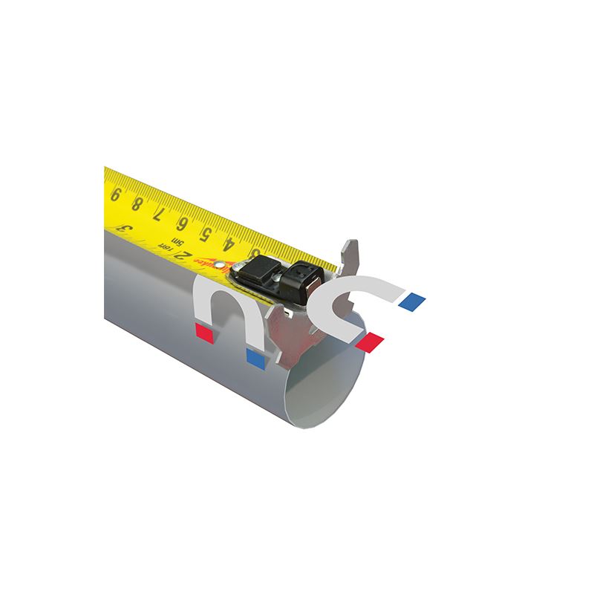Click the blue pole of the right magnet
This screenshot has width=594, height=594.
coord(411,301)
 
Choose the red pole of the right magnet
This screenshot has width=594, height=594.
coord(369,342)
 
